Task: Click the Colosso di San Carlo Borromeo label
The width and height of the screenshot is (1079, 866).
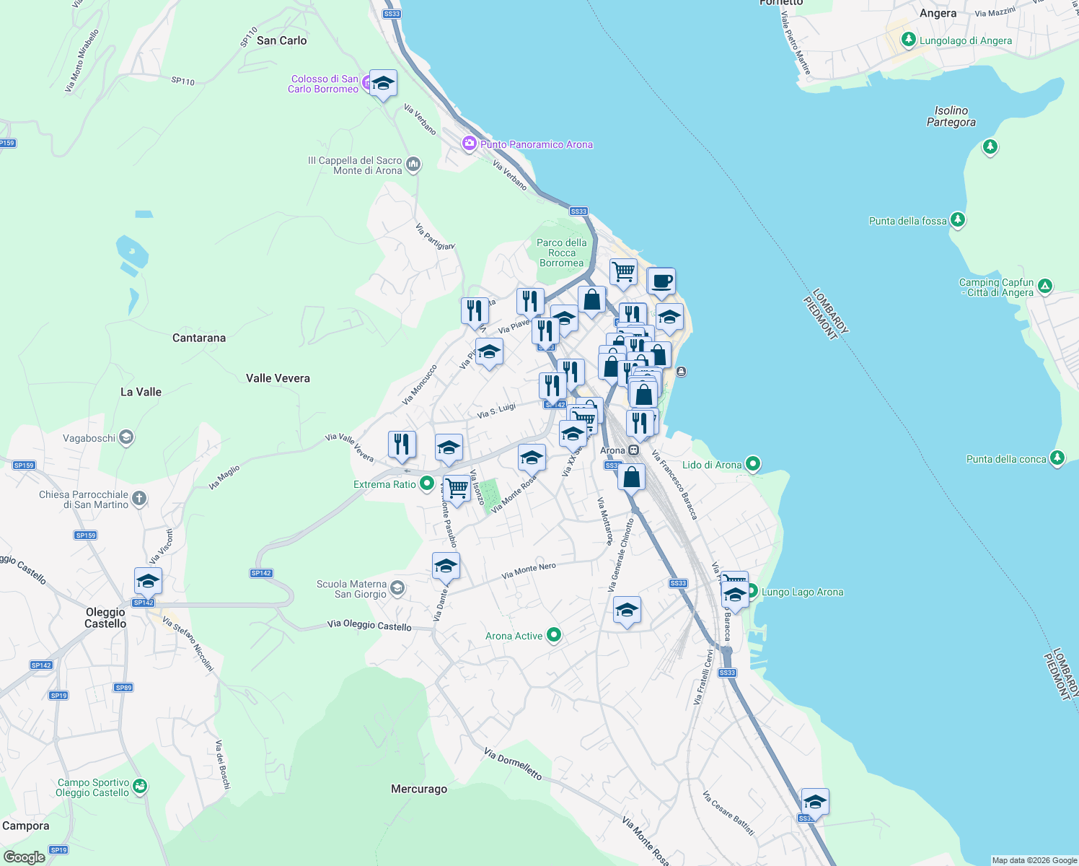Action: point(323,84)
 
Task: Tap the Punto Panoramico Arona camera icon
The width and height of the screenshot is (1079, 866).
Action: point(470,144)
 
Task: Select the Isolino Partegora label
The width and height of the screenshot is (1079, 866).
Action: point(951,116)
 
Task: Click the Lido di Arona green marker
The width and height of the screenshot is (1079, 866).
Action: point(753,464)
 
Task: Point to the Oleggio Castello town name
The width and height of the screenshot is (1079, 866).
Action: point(105,618)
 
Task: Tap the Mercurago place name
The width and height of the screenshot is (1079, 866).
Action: point(419,789)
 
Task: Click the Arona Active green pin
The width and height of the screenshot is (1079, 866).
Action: point(554,635)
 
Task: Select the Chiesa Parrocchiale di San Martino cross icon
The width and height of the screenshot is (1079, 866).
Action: point(139,498)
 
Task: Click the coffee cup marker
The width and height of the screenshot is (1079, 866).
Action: point(661,281)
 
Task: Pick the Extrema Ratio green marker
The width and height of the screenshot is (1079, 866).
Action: point(427,484)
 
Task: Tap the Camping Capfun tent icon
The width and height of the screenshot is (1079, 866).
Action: point(1045,287)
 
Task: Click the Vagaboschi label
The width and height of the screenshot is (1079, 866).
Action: point(89,438)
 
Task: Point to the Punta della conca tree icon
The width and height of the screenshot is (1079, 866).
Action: point(1057,458)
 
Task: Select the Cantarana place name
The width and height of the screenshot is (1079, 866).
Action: point(199,338)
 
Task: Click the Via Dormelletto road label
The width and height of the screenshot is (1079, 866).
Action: point(513,764)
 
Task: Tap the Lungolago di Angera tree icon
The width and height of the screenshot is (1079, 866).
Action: point(909,40)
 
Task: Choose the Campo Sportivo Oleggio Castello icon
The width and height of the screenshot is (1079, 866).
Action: point(140,786)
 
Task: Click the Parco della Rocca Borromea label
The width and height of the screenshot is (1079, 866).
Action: point(562,253)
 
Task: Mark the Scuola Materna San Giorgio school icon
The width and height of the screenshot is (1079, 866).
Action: point(397,589)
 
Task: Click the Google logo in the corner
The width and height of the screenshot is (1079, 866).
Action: point(24,857)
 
